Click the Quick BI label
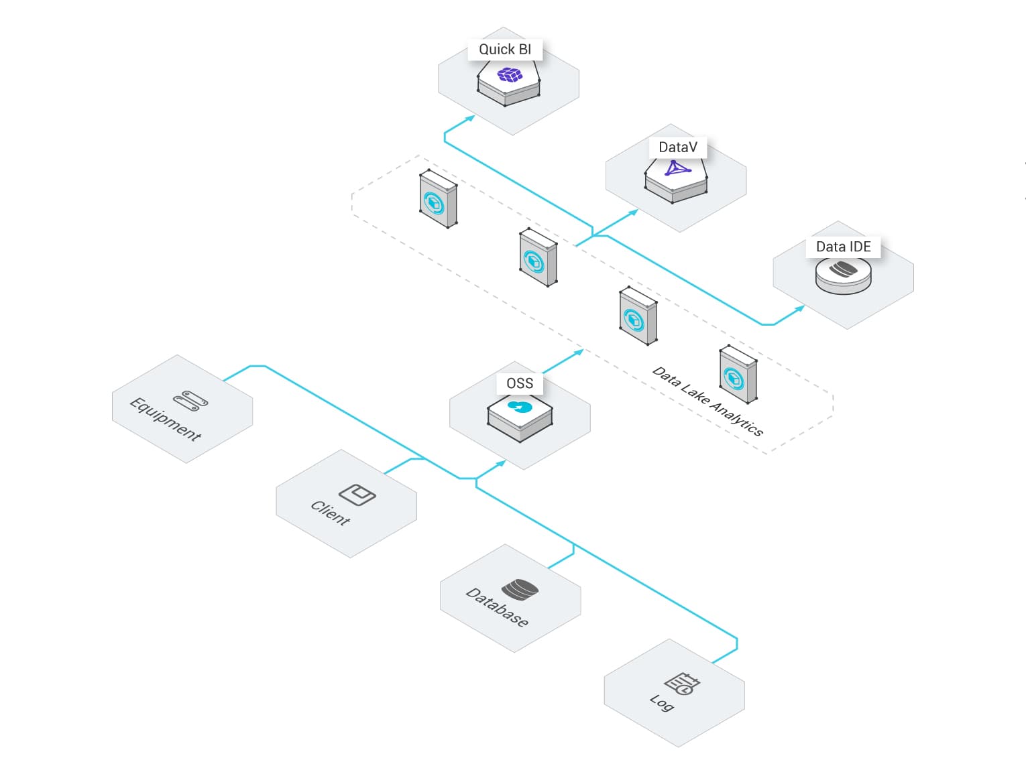click(505, 50)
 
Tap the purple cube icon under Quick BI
click(509, 74)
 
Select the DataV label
click(678, 147)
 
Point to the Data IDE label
click(843, 247)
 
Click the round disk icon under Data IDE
click(843, 275)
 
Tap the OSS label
click(520, 383)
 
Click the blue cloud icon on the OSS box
click(520, 407)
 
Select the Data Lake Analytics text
click(707, 401)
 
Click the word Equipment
click(165, 419)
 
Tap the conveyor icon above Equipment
click(190, 401)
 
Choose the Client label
click(331, 513)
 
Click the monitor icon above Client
click(357, 495)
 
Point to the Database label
click(497, 608)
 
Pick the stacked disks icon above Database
click(520, 590)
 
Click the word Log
click(661, 703)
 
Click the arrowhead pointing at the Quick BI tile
click(470, 118)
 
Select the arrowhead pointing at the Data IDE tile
click(799, 308)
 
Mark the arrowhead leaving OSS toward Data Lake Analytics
click(579, 353)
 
